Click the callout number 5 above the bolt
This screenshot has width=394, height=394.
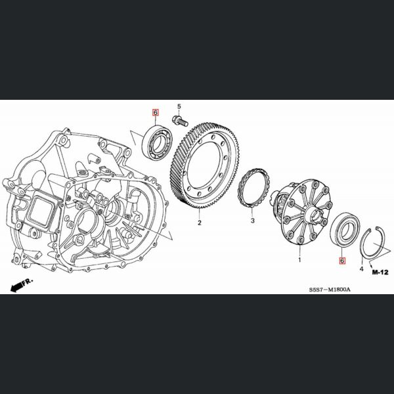[179, 106]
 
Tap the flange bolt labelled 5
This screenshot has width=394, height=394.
[180, 121]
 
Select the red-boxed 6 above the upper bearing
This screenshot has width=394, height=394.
[156, 112]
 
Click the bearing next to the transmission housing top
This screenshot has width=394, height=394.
[158, 142]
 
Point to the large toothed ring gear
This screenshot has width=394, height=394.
[204, 165]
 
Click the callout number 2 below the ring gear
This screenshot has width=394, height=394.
[199, 223]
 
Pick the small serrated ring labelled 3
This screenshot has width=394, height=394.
[253, 187]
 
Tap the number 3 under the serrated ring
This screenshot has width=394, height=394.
[253, 221]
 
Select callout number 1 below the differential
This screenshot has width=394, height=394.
[299, 260]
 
